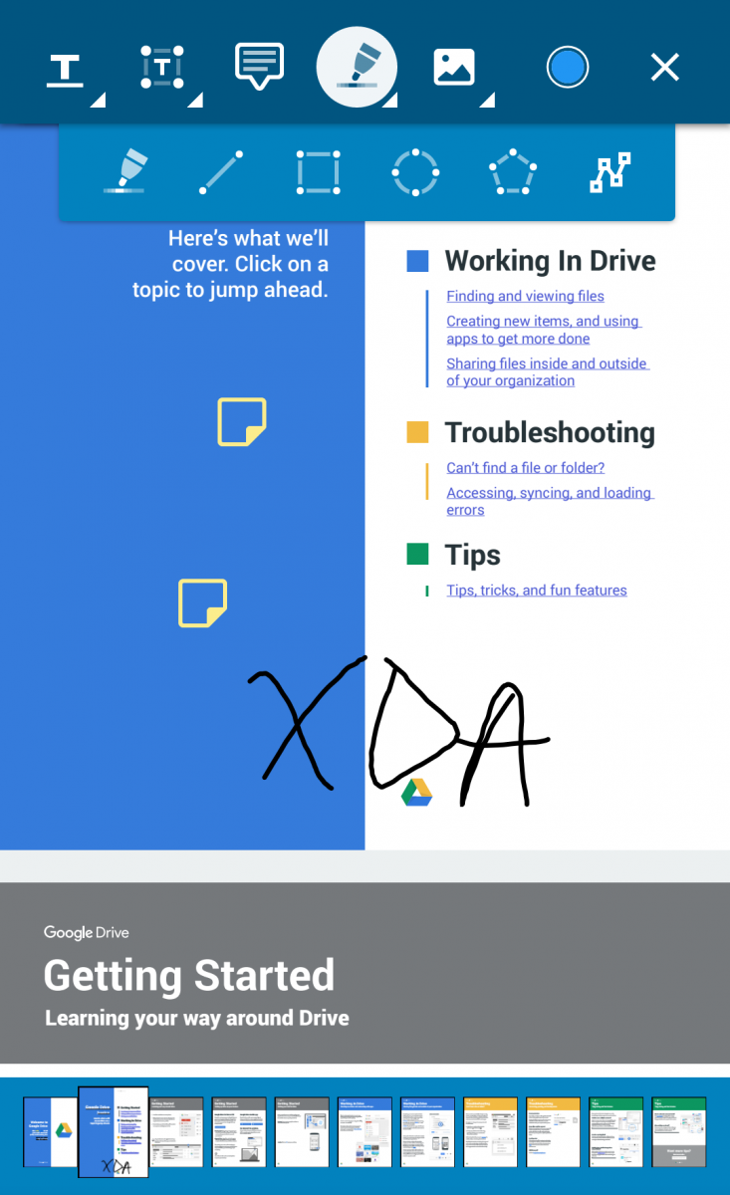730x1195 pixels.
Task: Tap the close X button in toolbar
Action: (x=664, y=68)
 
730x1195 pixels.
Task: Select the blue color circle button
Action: (x=568, y=68)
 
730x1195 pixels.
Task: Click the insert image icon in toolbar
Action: (x=454, y=68)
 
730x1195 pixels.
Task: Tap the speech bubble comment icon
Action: (x=259, y=66)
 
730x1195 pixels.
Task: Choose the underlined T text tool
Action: (x=66, y=69)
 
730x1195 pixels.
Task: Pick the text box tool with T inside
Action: (x=162, y=67)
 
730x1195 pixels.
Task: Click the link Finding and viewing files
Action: (x=525, y=296)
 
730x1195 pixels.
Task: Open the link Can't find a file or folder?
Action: (x=525, y=467)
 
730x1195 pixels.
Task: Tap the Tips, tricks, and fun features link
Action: (x=536, y=590)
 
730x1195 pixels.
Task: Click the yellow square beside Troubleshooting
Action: (x=417, y=432)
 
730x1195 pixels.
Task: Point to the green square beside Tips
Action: (x=417, y=554)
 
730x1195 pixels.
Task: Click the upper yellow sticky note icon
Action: (x=242, y=421)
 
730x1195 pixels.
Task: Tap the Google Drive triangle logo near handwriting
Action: (x=416, y=793)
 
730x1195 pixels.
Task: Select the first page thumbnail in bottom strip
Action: (x=50, y=1131)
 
